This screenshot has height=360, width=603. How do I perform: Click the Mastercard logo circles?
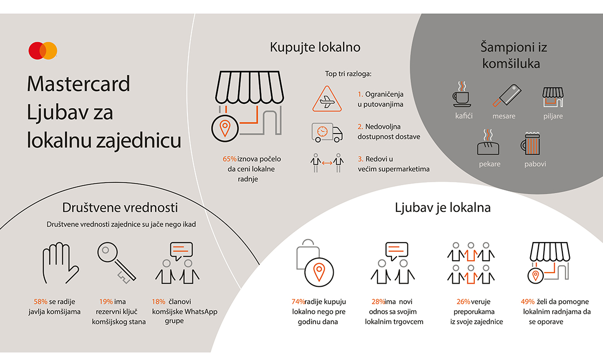tap(43, 50)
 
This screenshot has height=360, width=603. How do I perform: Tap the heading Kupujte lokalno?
tap(315, 48)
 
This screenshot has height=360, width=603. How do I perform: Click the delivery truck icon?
tap(327, 132)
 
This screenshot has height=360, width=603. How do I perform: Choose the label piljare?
tap(553, 116)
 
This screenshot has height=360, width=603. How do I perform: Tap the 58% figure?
tap(40, 302)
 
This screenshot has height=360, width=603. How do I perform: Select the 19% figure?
tap(106, 302)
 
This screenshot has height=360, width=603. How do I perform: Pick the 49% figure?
tap(528, 302)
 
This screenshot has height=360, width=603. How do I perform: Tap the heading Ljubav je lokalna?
tap(443, 207)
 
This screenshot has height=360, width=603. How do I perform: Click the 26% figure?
tap(463, 302)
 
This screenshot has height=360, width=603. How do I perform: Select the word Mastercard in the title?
tap(79, 84)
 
